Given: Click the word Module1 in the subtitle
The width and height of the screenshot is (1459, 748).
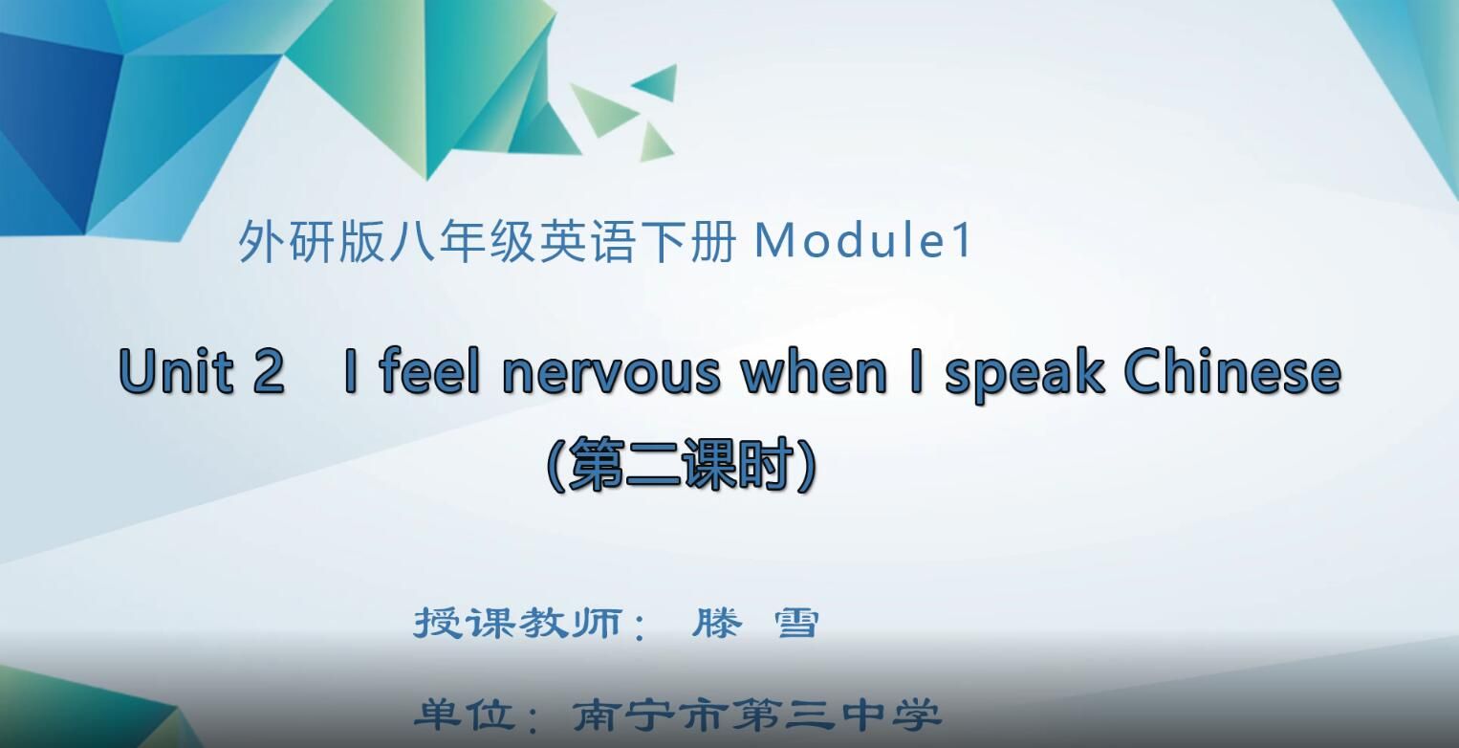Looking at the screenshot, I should coord(863,242).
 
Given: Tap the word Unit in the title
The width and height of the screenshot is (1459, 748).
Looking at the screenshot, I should coord(177,371).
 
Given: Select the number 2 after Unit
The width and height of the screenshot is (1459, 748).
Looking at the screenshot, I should coord(269,372).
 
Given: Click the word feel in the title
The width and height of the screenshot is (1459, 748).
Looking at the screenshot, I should coord(429,371).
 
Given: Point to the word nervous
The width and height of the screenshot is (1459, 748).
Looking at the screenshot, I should coord(612,373).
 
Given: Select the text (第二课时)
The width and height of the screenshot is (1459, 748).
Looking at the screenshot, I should coord(682,465).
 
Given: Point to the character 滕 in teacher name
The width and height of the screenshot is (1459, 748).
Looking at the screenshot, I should coord(717,624).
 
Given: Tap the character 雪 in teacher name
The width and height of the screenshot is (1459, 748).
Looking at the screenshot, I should coord(795,624).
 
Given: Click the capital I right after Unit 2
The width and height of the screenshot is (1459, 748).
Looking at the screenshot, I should coord(351,371).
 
